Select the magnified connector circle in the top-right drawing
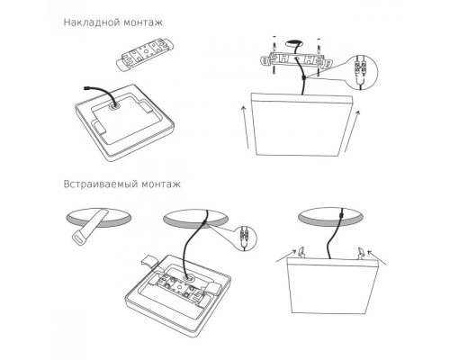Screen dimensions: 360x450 363,68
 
